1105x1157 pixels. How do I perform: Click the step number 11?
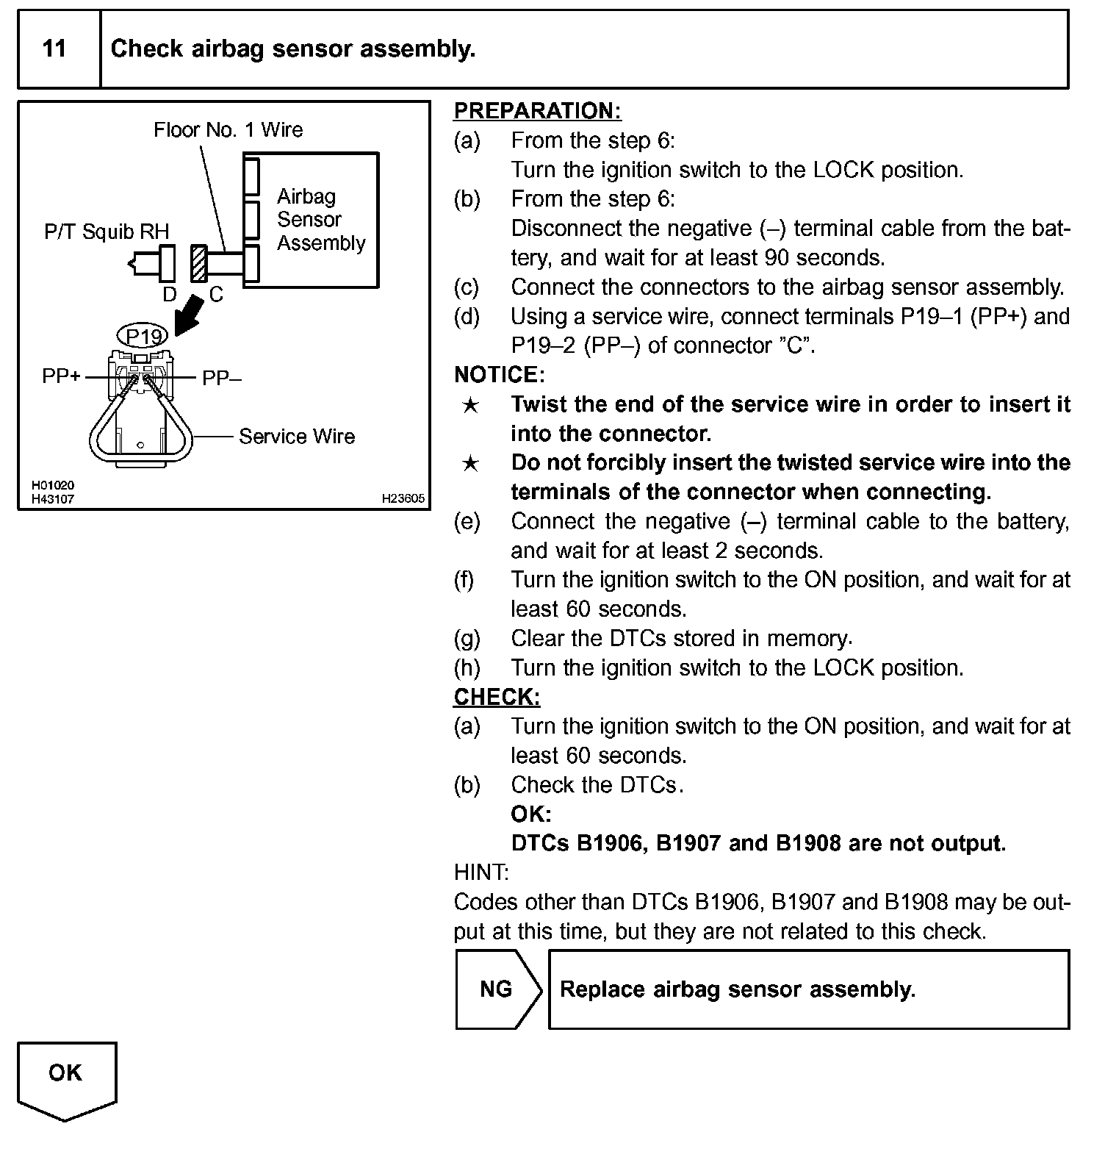coord(54,49)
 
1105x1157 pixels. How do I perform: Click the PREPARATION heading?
coord(537,111)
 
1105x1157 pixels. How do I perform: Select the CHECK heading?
coord(497,697)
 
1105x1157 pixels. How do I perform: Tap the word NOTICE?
coord(498,375)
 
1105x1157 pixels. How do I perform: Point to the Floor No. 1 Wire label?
coord(228,130)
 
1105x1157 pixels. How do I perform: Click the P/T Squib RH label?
coord(107,232)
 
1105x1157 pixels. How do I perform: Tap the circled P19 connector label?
coord(143,337)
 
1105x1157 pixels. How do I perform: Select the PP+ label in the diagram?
coord(61,376)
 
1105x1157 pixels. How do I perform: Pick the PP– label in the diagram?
coord(222,378)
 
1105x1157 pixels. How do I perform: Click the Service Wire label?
coord(297,437)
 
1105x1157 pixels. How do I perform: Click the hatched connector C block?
coord(198,263)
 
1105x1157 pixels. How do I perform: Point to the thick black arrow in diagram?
coord(190,314)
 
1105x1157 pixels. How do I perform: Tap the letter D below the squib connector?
coord(170,295)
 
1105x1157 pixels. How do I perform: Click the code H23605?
coord(403,498)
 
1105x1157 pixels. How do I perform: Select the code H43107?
coord(53,499)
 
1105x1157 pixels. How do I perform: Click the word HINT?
coord(481,873)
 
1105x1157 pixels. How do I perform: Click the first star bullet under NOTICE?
coord(470,405)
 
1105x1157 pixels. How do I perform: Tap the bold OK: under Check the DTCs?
coord(530,814)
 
